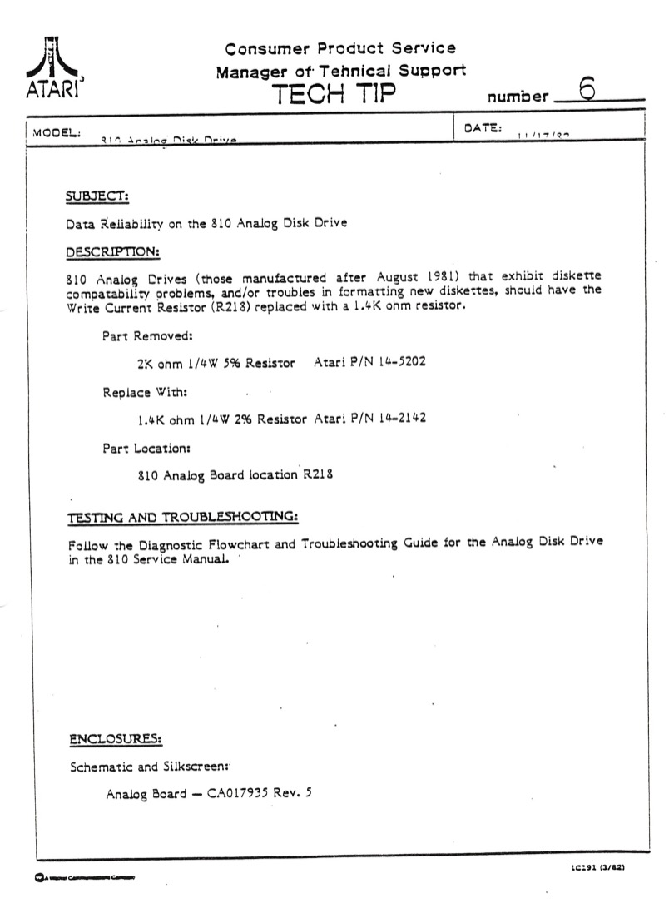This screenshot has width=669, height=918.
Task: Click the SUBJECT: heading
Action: pyautogui.click(x=97, y=197)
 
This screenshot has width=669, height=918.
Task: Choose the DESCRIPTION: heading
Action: pyautogui.click(x=112, y=251)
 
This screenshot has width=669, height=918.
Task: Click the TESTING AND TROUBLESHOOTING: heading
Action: pyautogui.click(x=182, y=517)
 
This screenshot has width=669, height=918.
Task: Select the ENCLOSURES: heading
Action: pyautogui.click(x=115, y=739)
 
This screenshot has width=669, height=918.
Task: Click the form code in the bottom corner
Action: pyautogui.click(x=597, y=867)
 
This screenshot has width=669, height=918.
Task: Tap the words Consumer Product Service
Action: pyautogui.click(x=340, y=49)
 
